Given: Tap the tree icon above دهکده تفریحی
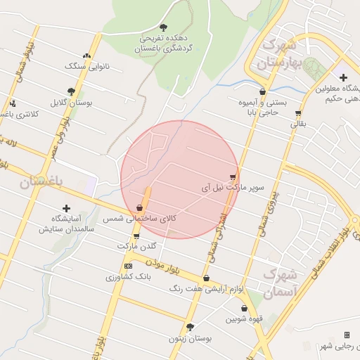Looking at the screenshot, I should coord(164,27).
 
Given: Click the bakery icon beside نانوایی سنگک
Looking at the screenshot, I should coord(87,56).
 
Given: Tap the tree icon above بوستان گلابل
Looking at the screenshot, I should coord(71,91).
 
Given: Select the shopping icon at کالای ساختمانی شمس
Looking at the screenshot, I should coord(141,209).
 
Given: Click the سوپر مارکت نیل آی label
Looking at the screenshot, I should coord(233,188).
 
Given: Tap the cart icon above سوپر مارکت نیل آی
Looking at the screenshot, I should coord(233,177).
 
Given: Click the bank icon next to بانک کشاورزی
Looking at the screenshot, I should coord(127,266).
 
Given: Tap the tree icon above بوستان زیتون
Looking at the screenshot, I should coord(189,327).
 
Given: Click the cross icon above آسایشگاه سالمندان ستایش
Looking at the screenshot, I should coord(67,208).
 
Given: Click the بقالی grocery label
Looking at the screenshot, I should coord(299,124).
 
